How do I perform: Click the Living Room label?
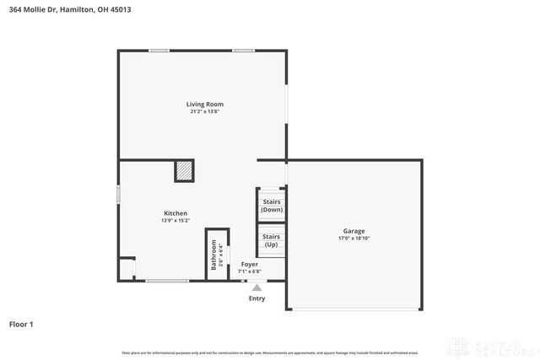[x=204, y=104]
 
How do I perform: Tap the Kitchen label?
[x=175, y=213]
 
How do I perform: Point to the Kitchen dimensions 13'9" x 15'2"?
[x=175, y=220]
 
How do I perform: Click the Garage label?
[x=354, y=231]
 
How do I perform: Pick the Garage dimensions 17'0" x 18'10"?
[x=354, y=238]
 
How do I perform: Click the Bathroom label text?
[x=213, y=255]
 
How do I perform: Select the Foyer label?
[x=250, y=264]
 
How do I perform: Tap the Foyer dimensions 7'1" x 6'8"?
[x=250, y=271]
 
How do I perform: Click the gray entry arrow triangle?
[x=256, y=287]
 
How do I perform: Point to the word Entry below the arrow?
[x=256, y=298]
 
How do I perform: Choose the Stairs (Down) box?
[x=272, y=205]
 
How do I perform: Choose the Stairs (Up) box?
[x=272, y=239]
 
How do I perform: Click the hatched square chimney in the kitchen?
[x=184, y=171]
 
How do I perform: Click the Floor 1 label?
[x=21, y=323]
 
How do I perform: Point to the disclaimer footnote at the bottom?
[x=270, y=352]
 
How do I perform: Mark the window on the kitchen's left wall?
[x=118, y=194]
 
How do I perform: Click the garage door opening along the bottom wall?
[x=354, y=309]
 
